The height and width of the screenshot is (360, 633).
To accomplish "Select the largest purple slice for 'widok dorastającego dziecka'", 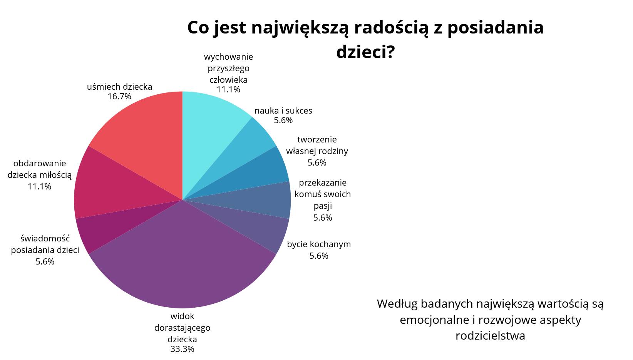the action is coord(182,263).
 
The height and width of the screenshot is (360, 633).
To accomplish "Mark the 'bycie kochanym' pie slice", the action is coord(255,223).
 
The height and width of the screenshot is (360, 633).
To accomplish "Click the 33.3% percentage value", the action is coord(182,349).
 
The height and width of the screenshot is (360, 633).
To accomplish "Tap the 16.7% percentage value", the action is coord(119,97).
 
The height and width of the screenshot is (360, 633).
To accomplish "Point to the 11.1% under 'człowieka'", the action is coord(228,90).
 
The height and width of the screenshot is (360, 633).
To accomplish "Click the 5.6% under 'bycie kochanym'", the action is coord(319,256).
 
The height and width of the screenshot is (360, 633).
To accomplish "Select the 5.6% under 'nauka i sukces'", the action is coord(283,121).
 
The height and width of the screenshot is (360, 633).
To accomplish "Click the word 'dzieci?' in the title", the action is coord(365,52).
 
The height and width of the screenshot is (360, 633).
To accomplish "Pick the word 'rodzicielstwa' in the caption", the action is coord(490,336).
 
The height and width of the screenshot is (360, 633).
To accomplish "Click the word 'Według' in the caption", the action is coord(397,304).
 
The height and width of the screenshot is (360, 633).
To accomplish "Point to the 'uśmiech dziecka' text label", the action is coord(119,87).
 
